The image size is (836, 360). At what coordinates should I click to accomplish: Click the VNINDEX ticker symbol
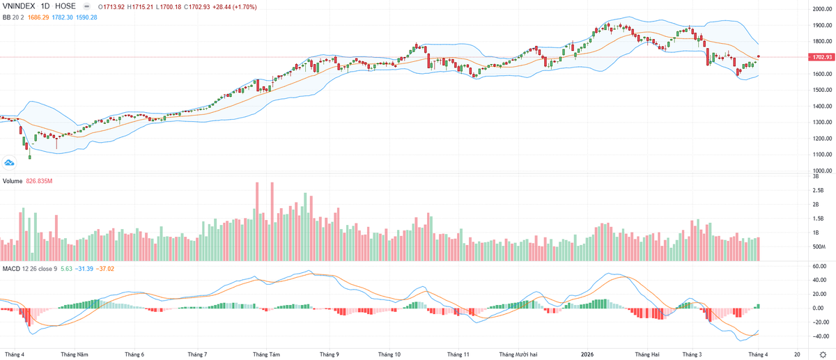pos(20,6)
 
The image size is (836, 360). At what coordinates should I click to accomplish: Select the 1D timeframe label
pos(48,6)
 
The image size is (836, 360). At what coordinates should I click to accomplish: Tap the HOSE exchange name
pos(69,6)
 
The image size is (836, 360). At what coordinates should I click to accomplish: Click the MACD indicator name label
pos(11,268)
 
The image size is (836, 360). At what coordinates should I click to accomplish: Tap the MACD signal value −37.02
pos(105,268)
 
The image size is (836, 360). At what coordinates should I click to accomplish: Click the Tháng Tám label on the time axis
pos(266,354)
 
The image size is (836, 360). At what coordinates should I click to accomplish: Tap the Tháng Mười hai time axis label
pos(520,354)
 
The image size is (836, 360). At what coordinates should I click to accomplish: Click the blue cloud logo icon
pos(10,162)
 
